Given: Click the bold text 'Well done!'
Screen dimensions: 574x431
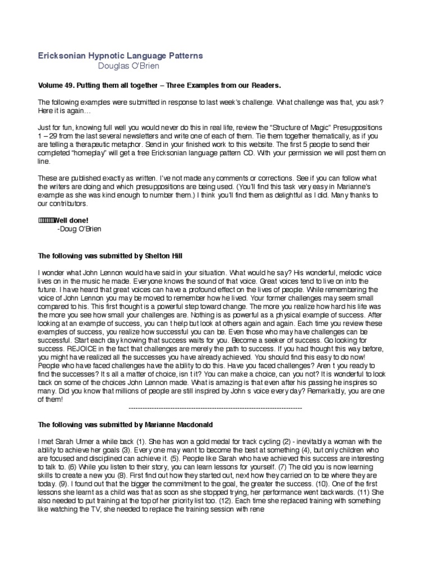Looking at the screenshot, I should coord(63,220).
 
